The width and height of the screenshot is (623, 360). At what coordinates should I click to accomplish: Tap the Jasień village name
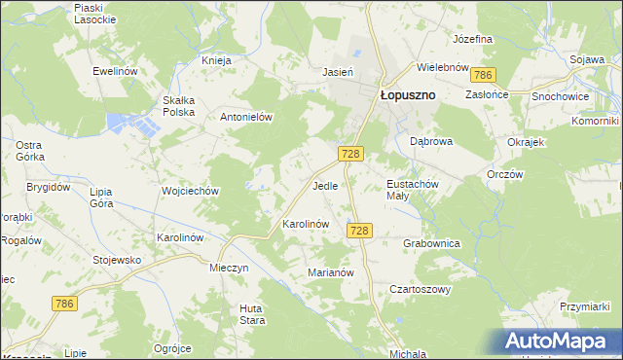tap(337, 71)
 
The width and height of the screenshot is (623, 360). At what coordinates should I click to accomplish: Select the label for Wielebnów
tap(444, 68)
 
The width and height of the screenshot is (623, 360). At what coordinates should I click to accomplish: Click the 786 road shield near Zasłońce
tap(482, 75)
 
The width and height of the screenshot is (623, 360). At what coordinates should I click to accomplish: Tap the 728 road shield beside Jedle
tap(352, 155)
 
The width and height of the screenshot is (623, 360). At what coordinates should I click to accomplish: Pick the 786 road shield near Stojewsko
tap(64, 305)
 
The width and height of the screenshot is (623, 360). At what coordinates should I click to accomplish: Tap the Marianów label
tap(330, 273)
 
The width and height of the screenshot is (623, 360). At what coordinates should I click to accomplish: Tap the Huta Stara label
tap(252, 314)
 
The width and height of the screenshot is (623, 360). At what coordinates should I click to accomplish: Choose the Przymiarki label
tap(584, 306)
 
